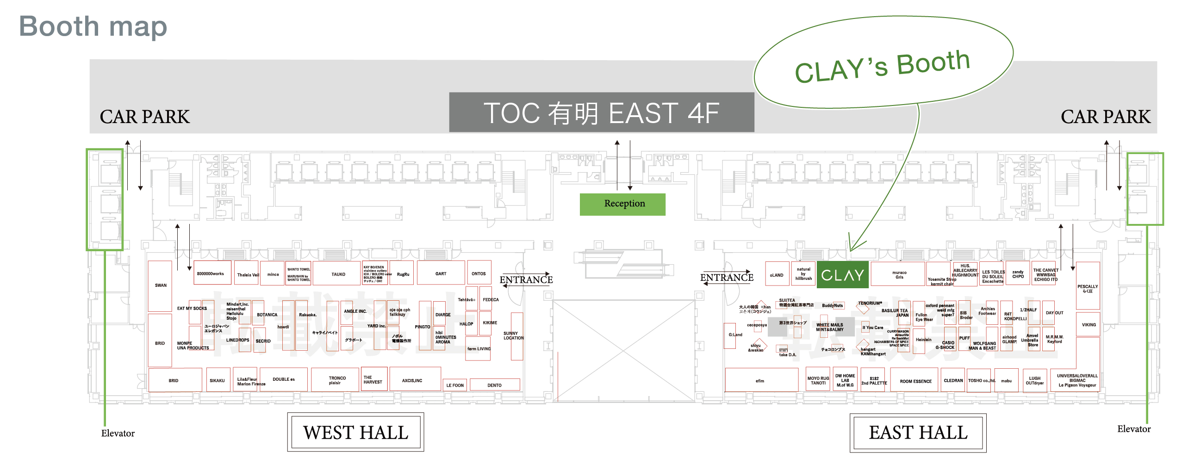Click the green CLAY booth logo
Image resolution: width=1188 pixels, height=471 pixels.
click(842, 275)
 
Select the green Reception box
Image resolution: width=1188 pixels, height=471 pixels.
click(622, 204)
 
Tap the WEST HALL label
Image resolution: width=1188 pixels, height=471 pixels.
click(355, 433)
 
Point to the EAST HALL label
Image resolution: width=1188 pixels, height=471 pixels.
click(918, 433)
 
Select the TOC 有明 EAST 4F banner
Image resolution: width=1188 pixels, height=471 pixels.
click(601, 113)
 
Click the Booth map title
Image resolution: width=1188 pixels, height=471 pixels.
click(93, 26)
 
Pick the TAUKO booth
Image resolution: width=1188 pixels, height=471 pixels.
click(338, 274)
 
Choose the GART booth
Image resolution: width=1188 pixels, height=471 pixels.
click(441, 273)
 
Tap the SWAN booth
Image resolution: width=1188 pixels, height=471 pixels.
click(160, 285)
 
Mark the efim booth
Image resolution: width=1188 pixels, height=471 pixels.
click(760, 381)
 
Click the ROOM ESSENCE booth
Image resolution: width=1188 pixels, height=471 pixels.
click(915, 381)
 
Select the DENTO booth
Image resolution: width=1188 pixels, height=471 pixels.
click(494, 385)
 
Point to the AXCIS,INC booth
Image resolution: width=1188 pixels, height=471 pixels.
click(412, 380)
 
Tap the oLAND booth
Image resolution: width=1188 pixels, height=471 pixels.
click(777, 275)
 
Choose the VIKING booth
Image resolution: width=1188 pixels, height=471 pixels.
click(1088, 325)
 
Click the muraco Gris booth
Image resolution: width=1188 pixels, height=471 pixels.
click(899, 275)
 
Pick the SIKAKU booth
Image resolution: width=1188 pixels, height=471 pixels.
click(217, 380)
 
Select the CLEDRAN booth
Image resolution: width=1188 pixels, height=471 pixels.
click(953, 380)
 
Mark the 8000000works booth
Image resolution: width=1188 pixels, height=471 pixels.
click(211, 273)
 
